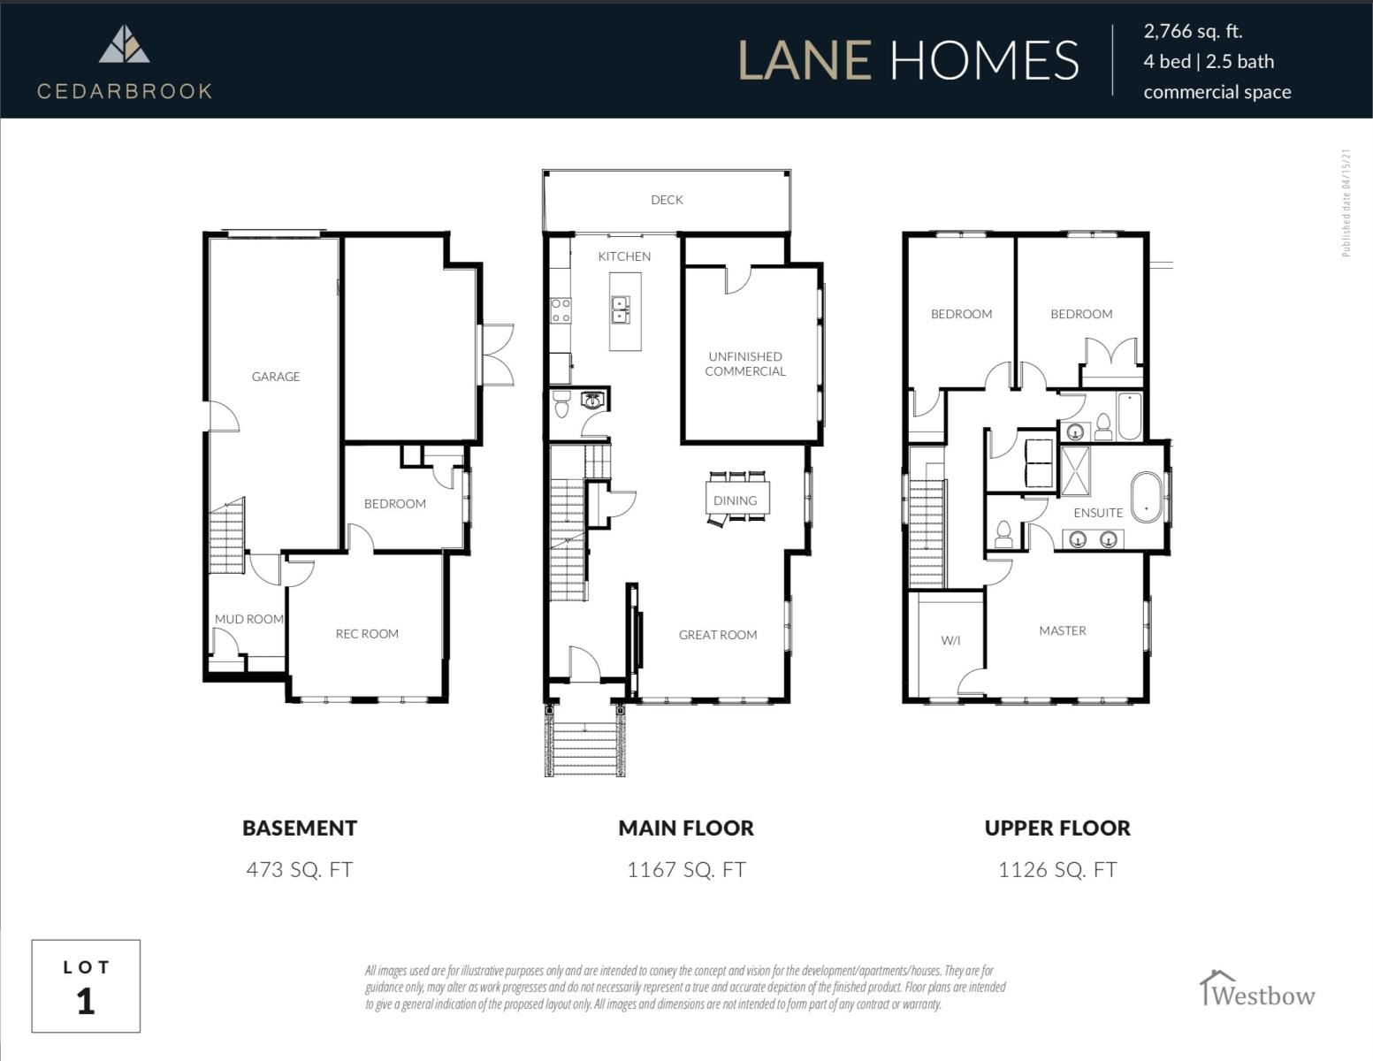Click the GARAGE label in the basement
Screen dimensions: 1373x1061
(x=276, y=377)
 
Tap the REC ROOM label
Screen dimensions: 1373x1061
(x=367, y=634)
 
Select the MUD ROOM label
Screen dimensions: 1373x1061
(x=249, y=619)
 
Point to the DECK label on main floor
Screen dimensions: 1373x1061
(x=667, y=200)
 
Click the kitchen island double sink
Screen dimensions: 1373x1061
(x=620, y=309)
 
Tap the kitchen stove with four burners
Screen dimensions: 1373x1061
(x=561, y=310)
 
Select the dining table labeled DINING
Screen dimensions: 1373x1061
(x=737, y=498)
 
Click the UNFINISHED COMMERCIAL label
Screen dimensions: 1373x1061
(x=745, y=364)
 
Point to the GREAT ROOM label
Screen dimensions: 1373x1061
(x=718, y=635)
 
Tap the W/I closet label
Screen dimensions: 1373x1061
(x=950, y=640)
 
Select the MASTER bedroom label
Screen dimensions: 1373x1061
(x=1062, y=630)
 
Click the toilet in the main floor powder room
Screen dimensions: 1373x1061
(x=561, y=404)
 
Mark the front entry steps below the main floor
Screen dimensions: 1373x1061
(x=585, y=740)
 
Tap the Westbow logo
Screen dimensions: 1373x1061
(x=1257, y=989)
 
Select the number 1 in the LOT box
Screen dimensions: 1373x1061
(x=86, y=1002)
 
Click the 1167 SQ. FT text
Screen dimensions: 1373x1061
(x=686, y=869)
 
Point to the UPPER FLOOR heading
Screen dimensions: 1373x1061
(x=1057, y=828)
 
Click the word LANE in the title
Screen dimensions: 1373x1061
(x=805, y=60)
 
